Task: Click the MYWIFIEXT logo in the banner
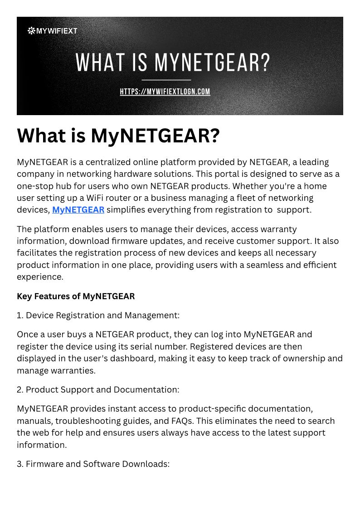pyautogui.click(x=53, y=31)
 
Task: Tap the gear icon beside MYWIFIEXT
pyautogui.click(x=31, y=31)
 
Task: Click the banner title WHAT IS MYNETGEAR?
pyautogui.click(x=173, y=63)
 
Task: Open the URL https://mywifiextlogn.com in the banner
pyautogui.click(x=165, y=92)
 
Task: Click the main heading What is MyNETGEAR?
pyautogui.click(x=118, y=136)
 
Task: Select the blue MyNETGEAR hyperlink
pyautogui.click(x=78, y=209)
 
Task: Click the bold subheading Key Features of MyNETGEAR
pyautogui.click(x=76, y=296)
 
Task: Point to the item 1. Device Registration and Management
pyautogui.click(x=98, y=315)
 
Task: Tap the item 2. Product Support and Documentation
pyautogui.click(x=98, y=389)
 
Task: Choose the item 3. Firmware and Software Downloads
pyautogui.click(x=93, y=464)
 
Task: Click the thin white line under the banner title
pyautogui.click(x=166, y=80)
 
